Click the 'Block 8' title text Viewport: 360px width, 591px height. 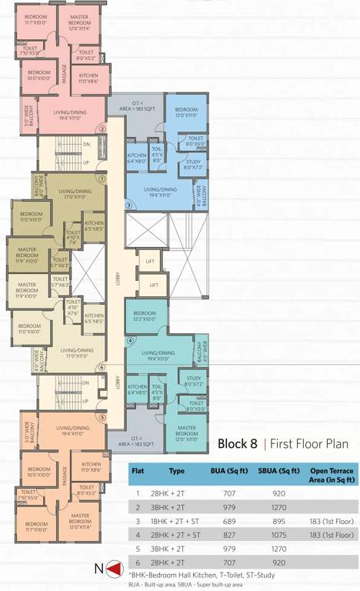238,444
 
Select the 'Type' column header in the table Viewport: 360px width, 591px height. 177,471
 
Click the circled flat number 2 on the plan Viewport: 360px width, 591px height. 102,129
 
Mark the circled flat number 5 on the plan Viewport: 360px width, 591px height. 102,417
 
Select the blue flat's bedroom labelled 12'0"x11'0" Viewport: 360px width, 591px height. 187,112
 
